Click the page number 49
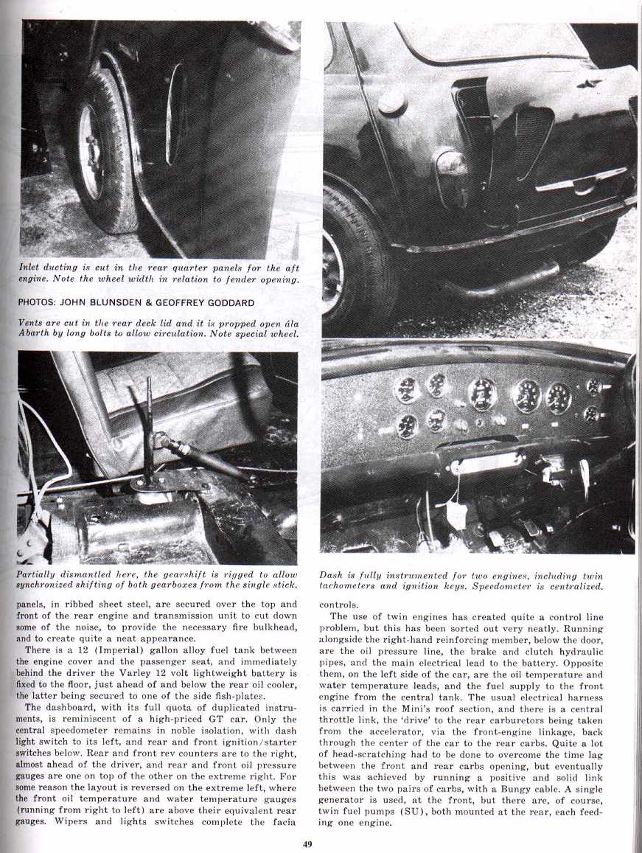(307, 845)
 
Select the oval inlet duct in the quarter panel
(175, 114)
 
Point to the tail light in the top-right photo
(451, 164)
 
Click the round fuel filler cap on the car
(391, 103)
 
